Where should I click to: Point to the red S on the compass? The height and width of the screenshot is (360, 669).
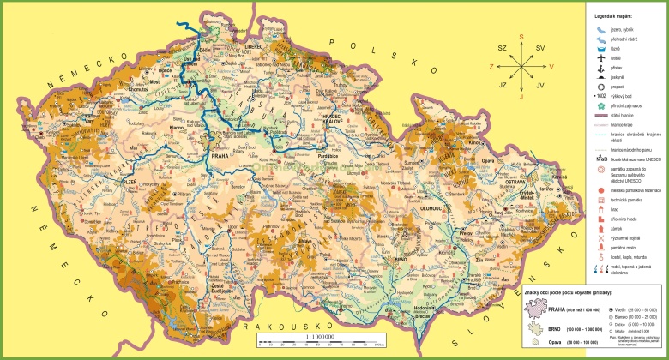pyautogui.click(x=521, y=37)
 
